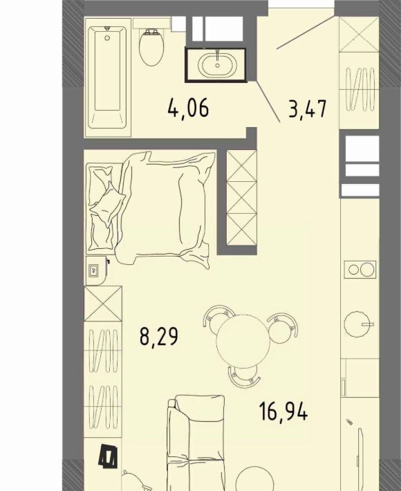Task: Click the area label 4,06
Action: coord(188,108)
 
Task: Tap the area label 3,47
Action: coord(308,109)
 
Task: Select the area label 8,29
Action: coord(159,336)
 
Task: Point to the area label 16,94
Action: coord(283,411)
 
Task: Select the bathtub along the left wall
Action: coord(107,77)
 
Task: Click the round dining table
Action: coord(243,342)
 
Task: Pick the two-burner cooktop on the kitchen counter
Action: coord(360,269)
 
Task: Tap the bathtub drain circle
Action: coord(107,38)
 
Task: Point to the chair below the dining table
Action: coord(244,376)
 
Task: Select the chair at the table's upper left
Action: coord(218,319)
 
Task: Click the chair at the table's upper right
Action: coord(282,327)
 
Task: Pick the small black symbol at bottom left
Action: coord(109,457)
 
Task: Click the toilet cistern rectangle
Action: coord(152,24)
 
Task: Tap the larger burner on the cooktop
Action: coord(366,269)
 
